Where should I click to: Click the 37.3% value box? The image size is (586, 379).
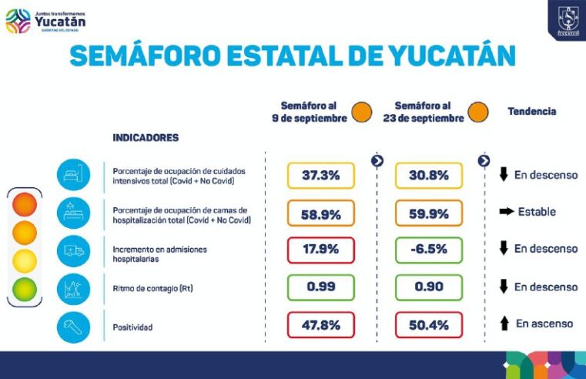[x=320, y=176]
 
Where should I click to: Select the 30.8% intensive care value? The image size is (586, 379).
[x=429, y=176]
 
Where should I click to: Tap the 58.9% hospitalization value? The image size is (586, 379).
[x=320, y=214]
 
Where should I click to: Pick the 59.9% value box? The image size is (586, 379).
[x=429, y=214]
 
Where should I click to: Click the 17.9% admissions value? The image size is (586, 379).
[x=320, y=250]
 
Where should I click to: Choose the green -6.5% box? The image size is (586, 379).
[x=429, y=250]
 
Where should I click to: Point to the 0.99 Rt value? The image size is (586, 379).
[x=320, y=287]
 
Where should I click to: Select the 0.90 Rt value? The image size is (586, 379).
[x=429, y=287]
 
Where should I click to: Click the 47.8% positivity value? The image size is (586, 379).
[x=320, y=325]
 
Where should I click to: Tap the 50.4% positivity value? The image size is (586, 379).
[x=429, y=325]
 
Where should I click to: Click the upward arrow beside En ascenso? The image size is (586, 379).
[x=504, y=324]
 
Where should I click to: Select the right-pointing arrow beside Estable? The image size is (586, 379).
[x=506, y=212]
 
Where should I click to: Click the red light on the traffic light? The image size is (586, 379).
[x=25, y=205]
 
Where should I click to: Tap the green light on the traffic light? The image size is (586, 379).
[x=25, y=289]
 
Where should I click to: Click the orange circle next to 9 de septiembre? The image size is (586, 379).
[x=361, y=112]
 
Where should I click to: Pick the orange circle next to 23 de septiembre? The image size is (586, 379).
[x=477, y=112]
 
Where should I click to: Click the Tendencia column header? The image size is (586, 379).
[x=531, y=112]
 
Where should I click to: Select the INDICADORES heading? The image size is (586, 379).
[x=146, y=138]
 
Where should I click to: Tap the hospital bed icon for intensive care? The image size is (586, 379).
[x=73, y=175]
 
